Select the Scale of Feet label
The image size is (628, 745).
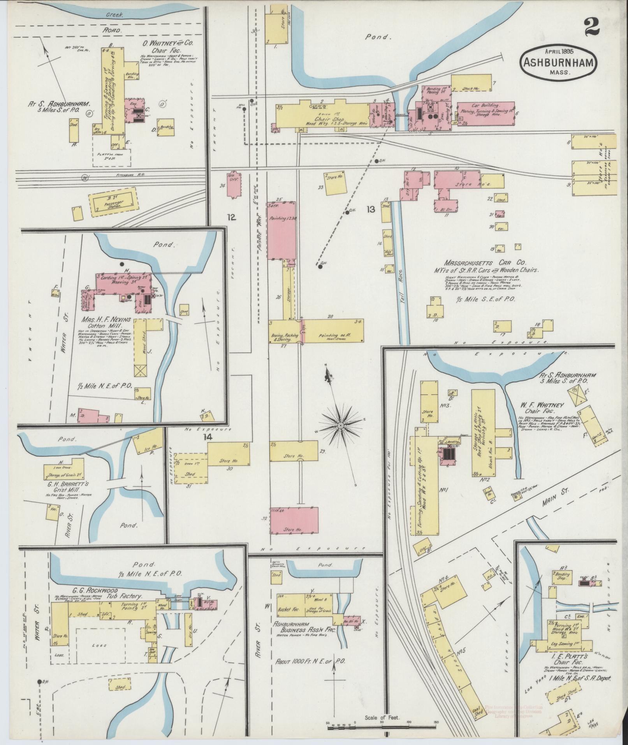[x=382, y=717]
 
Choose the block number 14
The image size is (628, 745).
[x=208, y=437]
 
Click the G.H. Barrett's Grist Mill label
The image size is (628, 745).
[x=63, y=488]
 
